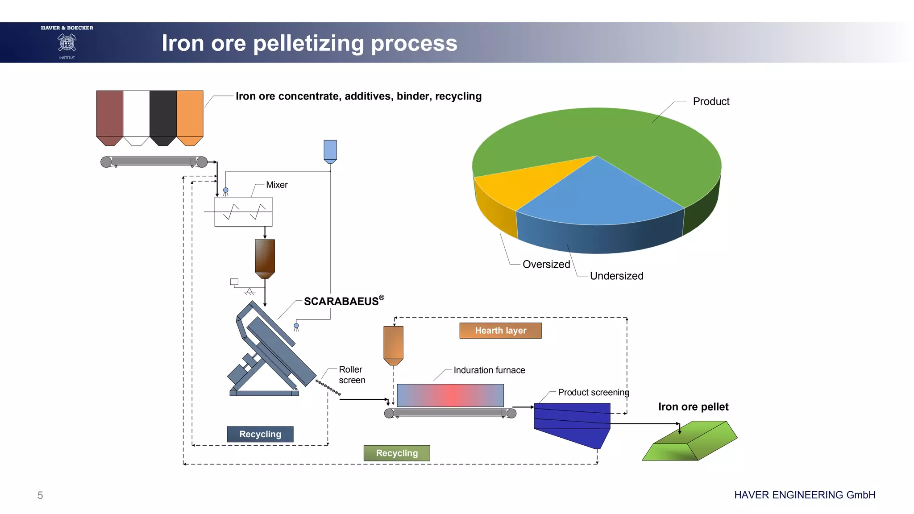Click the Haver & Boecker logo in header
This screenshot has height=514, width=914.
(x=67, y=42)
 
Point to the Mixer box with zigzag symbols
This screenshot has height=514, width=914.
(x=243, y=212)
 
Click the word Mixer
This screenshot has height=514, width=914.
(x=277, y=185)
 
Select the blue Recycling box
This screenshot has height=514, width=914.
(x=260, y=434)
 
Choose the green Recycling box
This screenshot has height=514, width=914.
(x=397, y=453)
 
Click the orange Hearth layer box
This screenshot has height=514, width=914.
(x=500, y=331)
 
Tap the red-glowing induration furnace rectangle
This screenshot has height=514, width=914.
(x=450, y=395)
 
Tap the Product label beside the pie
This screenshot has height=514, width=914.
(x=711, y=102)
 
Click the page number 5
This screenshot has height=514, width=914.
(x=40, y=495)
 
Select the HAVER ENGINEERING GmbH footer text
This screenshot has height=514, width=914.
(x=805, y=495)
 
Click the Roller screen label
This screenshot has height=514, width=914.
(x=352, y=375)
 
